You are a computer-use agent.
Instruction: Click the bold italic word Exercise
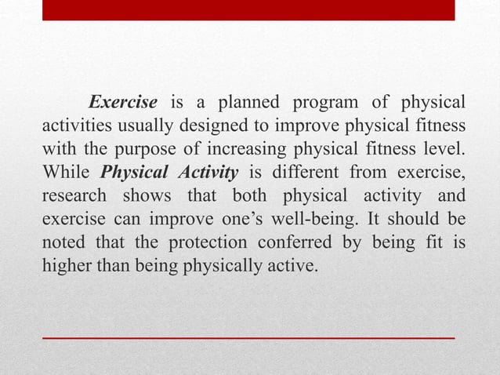click(x=124, y=103)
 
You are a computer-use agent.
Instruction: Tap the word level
click(x=444, y=148)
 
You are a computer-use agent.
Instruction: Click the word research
click(x=71, y=195)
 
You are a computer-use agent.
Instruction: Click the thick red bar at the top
click(x=248, y=9)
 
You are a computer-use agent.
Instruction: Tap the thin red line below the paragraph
click(x=248, y=337)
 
